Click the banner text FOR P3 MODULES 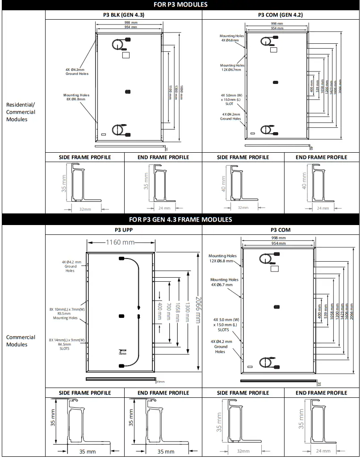click(180, 4)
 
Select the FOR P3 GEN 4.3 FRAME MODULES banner click(180, 219)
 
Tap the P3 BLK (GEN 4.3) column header click(124, 15)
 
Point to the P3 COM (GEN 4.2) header click(280, 15)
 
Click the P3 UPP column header click(124, 230)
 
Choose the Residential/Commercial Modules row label click(21, 112)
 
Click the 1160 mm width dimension click(120, 242)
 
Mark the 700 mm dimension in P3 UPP click(168, 310)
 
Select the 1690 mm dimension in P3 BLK click(181, 88)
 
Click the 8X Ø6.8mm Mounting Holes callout click(76, 97)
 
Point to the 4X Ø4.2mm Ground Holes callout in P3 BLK click(77, 71)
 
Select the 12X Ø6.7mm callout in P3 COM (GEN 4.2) click(232, 67)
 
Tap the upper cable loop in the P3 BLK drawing click(119, 45)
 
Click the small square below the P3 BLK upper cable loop click(126, 55)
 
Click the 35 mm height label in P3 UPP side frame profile click(54, 417)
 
